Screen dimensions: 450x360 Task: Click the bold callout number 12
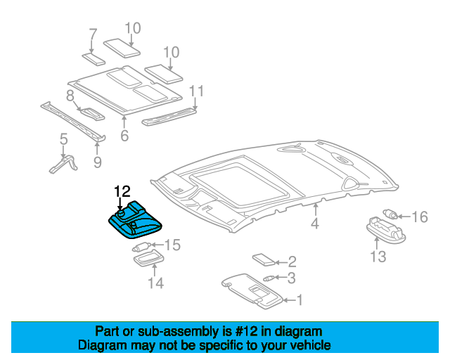coord(122,191)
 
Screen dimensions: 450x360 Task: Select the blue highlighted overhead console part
coord(134,221)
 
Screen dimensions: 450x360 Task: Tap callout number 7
coord(93,34)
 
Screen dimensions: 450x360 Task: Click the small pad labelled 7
coord(94,59)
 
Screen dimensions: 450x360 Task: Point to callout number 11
coord(196,91)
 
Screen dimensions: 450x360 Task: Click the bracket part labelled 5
coord(63,165)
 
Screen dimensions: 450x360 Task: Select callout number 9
coord(98,162)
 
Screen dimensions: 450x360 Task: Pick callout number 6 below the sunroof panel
coord(124,136)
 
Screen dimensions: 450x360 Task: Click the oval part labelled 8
coord(92,113)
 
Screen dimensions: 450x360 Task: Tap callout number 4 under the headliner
coord(315,223)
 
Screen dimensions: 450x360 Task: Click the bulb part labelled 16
coord(390,213)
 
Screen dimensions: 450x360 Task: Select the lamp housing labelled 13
coord(386,230)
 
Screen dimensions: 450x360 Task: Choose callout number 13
coord(378,257)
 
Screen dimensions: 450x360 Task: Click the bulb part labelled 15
coord(142,246)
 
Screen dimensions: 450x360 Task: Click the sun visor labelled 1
coord(252,291)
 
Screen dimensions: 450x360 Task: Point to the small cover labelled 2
coord(264,260)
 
